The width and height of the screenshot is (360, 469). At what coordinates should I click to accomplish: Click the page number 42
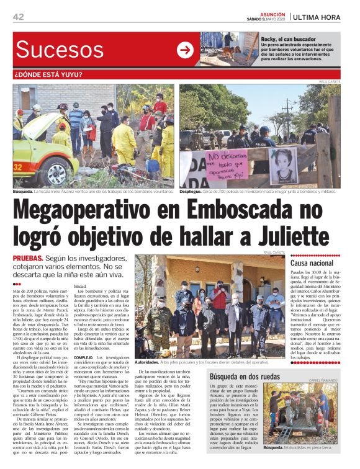point(18,17)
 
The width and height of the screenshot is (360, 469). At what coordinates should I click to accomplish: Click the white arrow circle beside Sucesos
point(185,50)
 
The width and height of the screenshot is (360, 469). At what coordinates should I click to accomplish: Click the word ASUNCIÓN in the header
point(272,12)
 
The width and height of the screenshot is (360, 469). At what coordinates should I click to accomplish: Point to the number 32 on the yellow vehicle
point(18,167)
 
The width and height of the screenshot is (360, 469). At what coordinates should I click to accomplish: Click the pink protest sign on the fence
point(226,164)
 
